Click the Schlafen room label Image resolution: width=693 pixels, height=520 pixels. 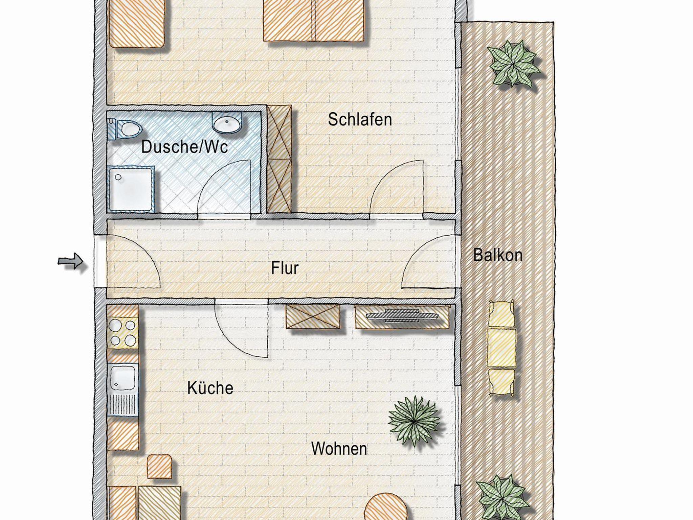(x=360, y=120)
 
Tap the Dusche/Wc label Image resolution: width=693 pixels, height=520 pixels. (x=184, y=147)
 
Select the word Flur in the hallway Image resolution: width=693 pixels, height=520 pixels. (x=285, y=268)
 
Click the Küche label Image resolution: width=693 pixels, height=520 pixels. (x=210, y=388)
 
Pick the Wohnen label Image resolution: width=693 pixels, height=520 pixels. (x=339, y=449)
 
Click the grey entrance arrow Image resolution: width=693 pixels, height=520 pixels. (x=70, y=261)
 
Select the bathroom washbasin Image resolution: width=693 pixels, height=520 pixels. (x=227, y=123)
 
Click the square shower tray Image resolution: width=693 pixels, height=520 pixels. (x=131, y=189)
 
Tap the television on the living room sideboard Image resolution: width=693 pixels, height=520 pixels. (x=402, y=315)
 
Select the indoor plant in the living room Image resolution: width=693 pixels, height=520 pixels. (x=414, y=421)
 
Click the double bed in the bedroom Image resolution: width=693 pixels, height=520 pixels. (x=313, y=20)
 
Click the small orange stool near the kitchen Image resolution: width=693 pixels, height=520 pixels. (x=160, y=467)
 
